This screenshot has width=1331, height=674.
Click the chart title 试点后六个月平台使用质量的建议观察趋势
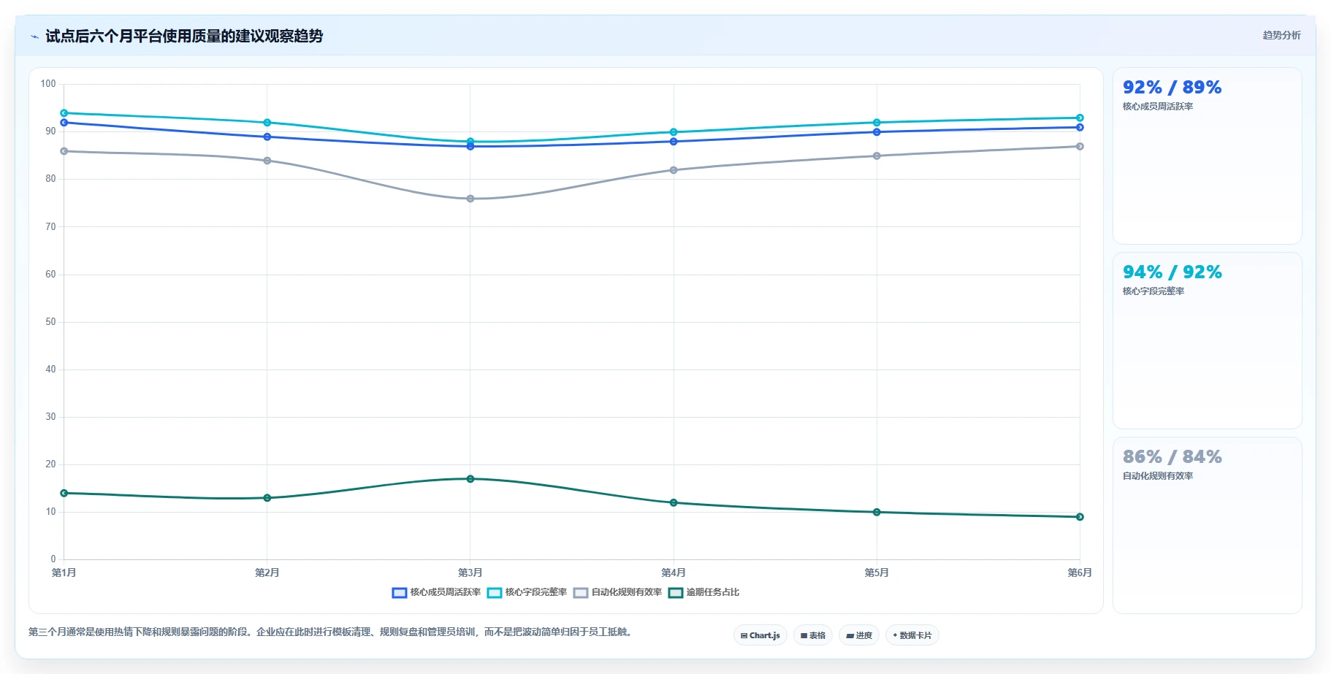(184, 36)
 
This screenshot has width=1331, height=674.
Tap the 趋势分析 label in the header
(1281, 35)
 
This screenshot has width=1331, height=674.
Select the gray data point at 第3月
(470, 199)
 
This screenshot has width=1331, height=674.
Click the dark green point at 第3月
(470, 479)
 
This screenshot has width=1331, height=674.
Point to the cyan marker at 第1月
(64, 113)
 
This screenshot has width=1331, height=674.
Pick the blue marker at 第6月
(1080, 127)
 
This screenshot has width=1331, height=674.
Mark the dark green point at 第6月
(1080, 517)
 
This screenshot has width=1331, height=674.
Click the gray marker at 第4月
(674, 170)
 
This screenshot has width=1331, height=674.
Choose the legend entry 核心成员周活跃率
(436, 592)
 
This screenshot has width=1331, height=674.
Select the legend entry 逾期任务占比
(704, 592)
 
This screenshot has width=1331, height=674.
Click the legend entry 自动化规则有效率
(618, 592)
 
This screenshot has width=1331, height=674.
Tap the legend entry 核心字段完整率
(527, 592)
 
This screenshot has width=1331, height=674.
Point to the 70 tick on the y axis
(50, 226)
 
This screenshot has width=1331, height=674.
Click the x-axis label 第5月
(877, 572)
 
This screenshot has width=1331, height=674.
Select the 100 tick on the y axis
(48, 84)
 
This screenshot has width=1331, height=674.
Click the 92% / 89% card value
(1172, 87)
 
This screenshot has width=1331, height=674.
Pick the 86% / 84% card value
(1172, 456)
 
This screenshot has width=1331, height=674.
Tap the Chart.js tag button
(760, 635)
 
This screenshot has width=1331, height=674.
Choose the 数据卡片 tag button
(912, 635)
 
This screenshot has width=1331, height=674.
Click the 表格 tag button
(813, 635)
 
